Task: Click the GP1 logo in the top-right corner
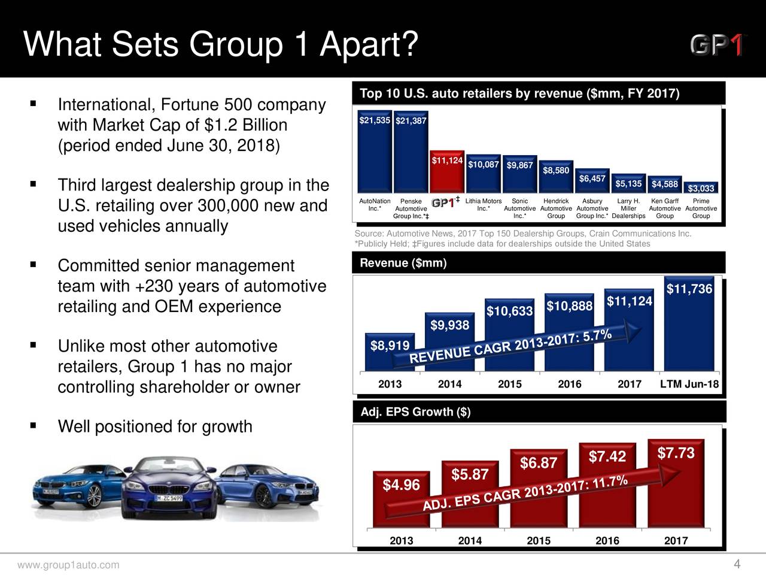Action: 719,45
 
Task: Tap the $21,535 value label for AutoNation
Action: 375,121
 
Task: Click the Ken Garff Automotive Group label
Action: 664,208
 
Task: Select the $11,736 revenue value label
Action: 689,289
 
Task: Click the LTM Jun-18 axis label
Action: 689,385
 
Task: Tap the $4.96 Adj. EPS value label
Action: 401,485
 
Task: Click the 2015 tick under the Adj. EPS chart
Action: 539,541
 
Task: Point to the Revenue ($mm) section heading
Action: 403,264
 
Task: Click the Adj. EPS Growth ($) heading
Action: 415,412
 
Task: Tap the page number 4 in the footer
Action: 737,564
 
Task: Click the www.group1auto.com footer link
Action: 68,565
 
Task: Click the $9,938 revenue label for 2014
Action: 449,325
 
